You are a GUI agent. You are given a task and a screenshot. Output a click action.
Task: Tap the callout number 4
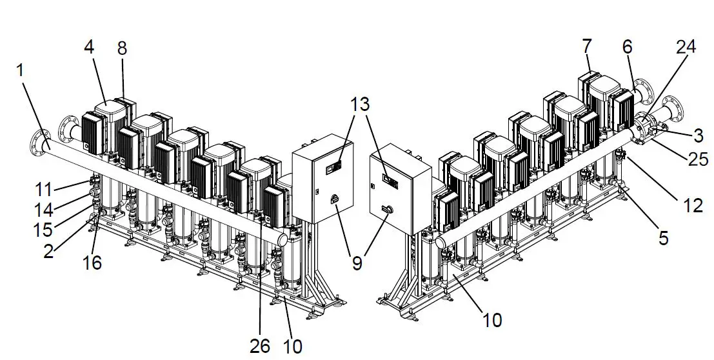point(88,48)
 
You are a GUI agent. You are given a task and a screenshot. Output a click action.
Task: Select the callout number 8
point(122,48)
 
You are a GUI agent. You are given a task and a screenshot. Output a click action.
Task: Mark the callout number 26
point(261,345)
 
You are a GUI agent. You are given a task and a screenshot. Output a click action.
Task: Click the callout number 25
point(699,159)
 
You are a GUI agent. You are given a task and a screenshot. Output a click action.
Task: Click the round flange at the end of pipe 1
point(39,143)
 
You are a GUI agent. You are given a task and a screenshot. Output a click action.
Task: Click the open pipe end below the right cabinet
point(441,243)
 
